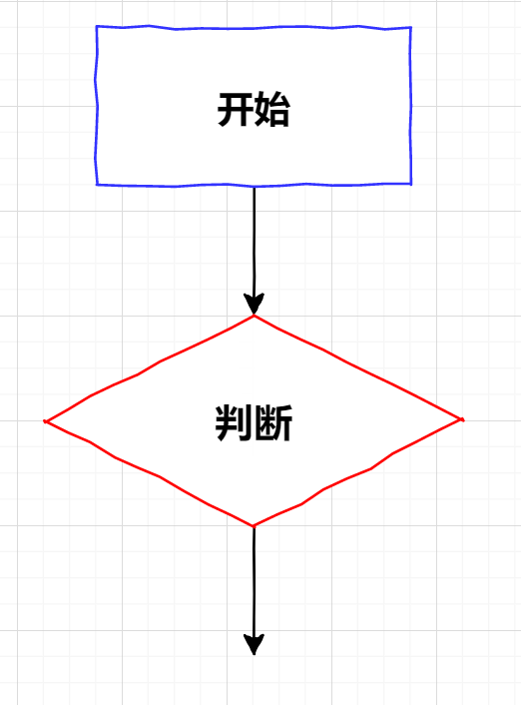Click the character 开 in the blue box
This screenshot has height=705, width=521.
236,109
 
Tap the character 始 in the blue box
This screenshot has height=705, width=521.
271,109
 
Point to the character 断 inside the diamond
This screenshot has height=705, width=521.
273,422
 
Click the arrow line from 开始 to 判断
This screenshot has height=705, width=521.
254,251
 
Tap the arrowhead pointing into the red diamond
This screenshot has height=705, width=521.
254,304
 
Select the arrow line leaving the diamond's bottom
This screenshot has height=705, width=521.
254,590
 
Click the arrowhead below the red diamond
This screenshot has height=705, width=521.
254,644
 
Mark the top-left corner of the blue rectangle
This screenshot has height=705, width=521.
97,27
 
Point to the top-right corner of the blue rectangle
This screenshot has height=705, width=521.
411,28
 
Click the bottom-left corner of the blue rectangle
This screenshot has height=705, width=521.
97,185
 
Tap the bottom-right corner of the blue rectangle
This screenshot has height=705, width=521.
411,184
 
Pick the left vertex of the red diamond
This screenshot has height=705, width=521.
45,421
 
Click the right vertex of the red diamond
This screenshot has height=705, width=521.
463,420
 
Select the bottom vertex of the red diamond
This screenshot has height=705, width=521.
254,526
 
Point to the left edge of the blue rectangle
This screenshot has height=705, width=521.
96,106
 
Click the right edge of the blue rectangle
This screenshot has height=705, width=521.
411,106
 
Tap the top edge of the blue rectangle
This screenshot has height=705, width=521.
254,28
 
